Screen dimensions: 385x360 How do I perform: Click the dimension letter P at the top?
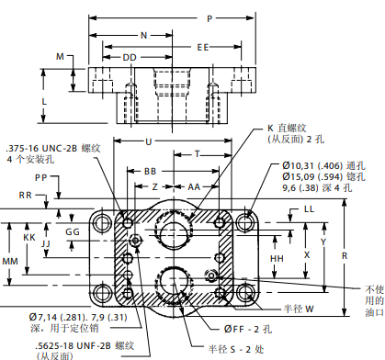pyautogui.click(x=209, y=18)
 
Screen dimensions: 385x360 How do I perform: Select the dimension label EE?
pyautogui.click(x=203, y=47)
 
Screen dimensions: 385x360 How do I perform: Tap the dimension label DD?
pyautogui.click(x=130, y=58)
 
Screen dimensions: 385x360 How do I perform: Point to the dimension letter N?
pyautogui.click(x=144, y=36)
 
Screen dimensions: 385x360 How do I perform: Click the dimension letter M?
pyautogui.click(x=60, y=57)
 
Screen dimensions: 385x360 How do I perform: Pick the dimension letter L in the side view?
pyautogui.click(x=44, y=101)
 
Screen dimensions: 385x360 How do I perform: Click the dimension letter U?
pyautogui.click(x=149, y=142)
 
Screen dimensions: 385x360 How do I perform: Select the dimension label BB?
pyautogui.click(x=151, y=172)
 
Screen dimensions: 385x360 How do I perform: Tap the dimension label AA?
pyautogui.click(x=194, y=186)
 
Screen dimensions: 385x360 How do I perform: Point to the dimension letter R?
pyautogui.click(x=345, y=256)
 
